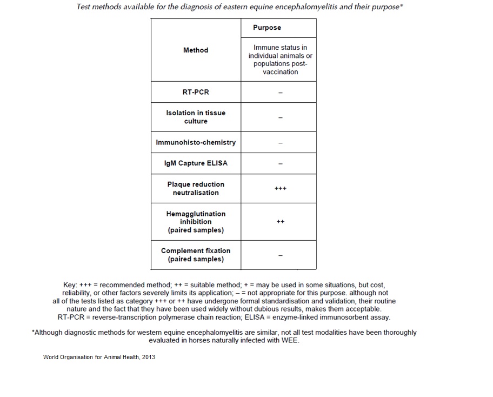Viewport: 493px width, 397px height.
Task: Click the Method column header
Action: pos(196,50)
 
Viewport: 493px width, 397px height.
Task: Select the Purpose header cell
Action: pos(267,28)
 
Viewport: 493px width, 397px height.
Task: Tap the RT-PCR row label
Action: pos(196,92)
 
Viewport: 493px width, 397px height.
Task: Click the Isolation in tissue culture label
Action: pos(196,117)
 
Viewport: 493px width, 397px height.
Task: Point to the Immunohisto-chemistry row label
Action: pos(196,142)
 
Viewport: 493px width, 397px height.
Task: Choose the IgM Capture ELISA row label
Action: pos(196,163)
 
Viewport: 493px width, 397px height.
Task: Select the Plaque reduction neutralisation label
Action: pos(196,188)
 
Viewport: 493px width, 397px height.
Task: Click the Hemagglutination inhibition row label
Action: pos(196,222)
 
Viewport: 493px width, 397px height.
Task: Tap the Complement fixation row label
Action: pos(196,255)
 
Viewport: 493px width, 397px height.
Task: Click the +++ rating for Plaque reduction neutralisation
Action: pos(281,188)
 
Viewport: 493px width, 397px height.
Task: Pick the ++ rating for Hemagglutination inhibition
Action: pos(281,222)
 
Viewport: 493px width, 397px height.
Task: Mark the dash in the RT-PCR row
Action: pos(281,93)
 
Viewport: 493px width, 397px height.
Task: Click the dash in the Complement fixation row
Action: pos(281,255)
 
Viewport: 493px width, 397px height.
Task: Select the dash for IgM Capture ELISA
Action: pos(281,164)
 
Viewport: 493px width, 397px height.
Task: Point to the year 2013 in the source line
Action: pos(149,357)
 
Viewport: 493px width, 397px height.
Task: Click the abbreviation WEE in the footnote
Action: pos(291,341)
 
